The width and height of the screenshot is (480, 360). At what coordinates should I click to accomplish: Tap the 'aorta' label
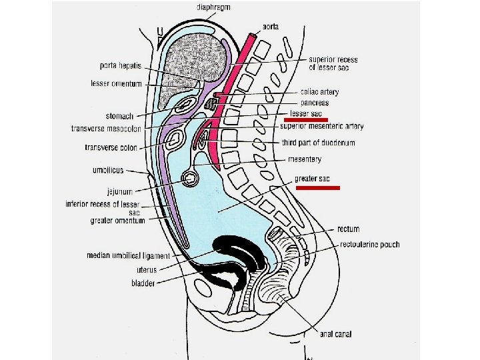tap(271, 26)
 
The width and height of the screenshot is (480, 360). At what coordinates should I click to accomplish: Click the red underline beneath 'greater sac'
tap(318, 189)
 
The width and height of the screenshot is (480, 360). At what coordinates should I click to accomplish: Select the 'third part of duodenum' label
tap(317, 143)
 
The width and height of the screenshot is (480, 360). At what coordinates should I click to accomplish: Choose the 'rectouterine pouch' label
tap(369, 245)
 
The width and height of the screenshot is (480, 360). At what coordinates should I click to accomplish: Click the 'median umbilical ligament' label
tap(129, 255)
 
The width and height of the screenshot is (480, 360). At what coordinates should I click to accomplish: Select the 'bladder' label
tap(143, 283)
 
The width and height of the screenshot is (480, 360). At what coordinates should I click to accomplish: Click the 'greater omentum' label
tap(117, 221)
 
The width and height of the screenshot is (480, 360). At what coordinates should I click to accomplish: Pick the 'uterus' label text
tap(147, 270)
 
